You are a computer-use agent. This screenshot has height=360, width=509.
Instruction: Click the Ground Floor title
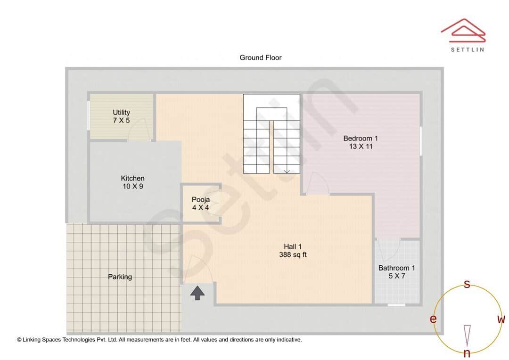tap(260, 57)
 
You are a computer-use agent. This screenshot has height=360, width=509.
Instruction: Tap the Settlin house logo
tap(463, 29)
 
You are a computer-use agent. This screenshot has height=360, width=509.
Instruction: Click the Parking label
tap(120, 277)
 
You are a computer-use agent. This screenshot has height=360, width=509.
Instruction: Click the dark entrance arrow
tap(197, 293)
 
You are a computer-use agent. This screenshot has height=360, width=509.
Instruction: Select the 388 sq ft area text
tap(293, 255)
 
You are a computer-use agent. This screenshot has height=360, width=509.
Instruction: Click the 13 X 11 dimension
tap(361, 147)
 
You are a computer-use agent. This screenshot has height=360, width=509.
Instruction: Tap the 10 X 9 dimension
tap(132, 187)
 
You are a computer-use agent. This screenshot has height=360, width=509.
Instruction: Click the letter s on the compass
tap(467, 284)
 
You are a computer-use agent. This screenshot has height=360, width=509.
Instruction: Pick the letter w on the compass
tap(501, 319)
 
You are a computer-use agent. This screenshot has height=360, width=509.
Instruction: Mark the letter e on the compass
tap(433, 319)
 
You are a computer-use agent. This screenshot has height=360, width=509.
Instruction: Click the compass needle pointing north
tap(467, 335)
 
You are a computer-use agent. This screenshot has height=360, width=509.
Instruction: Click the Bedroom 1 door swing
tap(317, 183)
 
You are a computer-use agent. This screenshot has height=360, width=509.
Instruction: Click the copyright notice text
tap(159, 339)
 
